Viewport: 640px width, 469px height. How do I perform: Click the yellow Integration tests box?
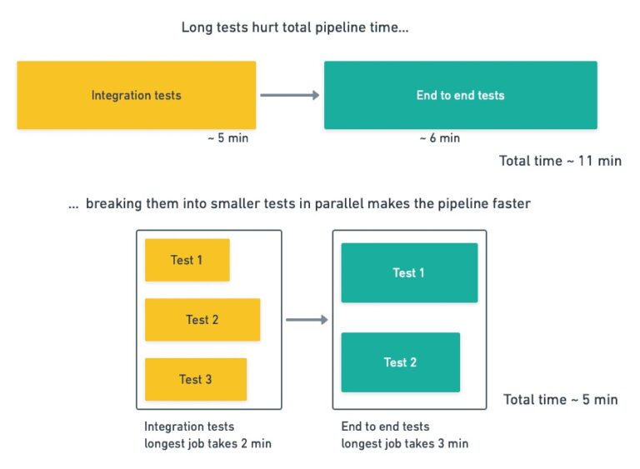[136, 95]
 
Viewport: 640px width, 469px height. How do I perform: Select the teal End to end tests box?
[460, 95]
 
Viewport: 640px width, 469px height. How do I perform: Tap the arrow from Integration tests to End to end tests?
[289, 95]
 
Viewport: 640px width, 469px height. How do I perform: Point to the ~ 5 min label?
[227, 138]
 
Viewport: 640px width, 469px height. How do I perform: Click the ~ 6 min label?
[439, 138]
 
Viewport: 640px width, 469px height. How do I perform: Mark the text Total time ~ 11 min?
[560, 161]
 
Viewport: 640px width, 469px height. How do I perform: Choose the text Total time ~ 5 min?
[560, 400]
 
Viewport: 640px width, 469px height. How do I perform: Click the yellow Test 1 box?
[187, 260]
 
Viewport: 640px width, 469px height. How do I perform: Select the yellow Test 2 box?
[202, 320]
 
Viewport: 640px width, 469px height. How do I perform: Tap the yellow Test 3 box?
[196, 379]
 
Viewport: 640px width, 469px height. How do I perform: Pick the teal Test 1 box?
[409, 272]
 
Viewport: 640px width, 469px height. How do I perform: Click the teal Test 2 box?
[400, 362]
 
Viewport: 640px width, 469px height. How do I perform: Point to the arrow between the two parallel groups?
[307, 319]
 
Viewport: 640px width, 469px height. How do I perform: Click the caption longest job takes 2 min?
[207, 443]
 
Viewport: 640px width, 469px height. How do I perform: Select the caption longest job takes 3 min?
[404, 443]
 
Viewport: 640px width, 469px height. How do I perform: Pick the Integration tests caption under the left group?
[189, 427]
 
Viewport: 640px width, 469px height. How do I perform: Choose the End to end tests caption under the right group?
[385, 427]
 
